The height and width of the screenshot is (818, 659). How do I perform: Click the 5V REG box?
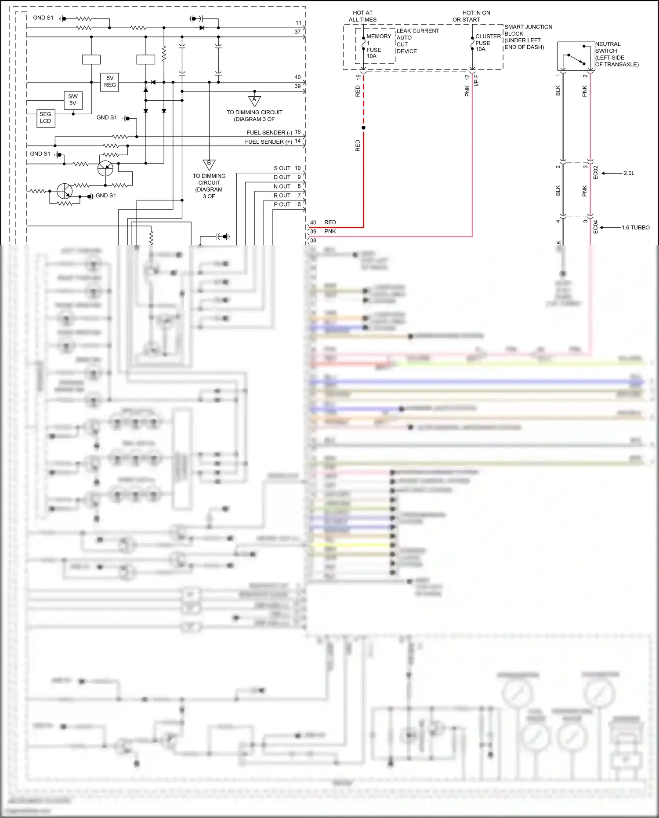(x=110, y=82)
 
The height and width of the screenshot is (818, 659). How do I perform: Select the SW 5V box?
(x=73, y=100)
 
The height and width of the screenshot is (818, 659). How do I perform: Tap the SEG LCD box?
(x=46, y=118)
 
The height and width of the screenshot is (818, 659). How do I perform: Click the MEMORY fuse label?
(x=378, y=36)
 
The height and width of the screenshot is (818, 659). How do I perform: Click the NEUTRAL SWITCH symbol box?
(x=576, y=56)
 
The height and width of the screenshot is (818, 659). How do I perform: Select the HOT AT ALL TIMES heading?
(x=362, y=16)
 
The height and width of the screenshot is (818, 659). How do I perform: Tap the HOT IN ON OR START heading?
(x=471, y=16)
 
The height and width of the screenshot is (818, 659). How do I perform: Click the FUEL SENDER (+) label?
(x=268, y=142)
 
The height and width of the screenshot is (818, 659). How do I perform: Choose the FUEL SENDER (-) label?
(x=269, y=133)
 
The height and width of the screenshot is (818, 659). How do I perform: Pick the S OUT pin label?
(x=282, y=168)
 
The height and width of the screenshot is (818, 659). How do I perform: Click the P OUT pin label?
(x=282, y=204)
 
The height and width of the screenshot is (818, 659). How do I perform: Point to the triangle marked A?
(x=254, y=101)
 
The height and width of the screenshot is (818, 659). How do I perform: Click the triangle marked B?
(x=209, y=164)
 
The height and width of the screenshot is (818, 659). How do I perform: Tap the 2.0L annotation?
(x=629, y=173)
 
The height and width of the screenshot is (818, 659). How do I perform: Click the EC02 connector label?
(x=596, y=172)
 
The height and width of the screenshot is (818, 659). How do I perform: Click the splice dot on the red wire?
(x=363, y=128)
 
